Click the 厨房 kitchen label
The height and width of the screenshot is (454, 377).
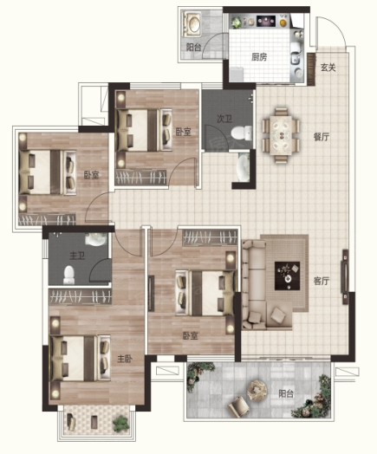coord(259,57)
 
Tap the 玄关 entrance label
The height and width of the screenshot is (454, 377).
coord(328,68)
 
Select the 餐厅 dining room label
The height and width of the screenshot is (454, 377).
coord(322,137)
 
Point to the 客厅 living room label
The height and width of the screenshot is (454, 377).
coord(322,281)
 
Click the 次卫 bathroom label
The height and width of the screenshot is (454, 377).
coord(224,119)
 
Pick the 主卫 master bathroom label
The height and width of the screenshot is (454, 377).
coord(77,256)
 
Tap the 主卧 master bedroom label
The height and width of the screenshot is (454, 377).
coord(125,359)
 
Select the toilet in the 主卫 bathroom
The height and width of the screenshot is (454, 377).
coord(69,275)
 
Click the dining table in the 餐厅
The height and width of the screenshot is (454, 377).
coord(281,135)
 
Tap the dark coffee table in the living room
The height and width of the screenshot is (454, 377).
coord(287,276)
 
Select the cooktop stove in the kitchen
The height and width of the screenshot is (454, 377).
coord(266,21)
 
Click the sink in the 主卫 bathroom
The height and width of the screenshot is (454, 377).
coord(95,239)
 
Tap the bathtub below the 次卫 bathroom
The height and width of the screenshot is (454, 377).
coord(244,167)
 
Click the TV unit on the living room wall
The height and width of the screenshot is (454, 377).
coord(345,276)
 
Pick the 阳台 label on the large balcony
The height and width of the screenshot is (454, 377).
coord(286,393)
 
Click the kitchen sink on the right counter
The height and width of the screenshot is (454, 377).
coord(296,58)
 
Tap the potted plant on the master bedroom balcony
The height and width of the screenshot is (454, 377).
coord(120,424)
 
